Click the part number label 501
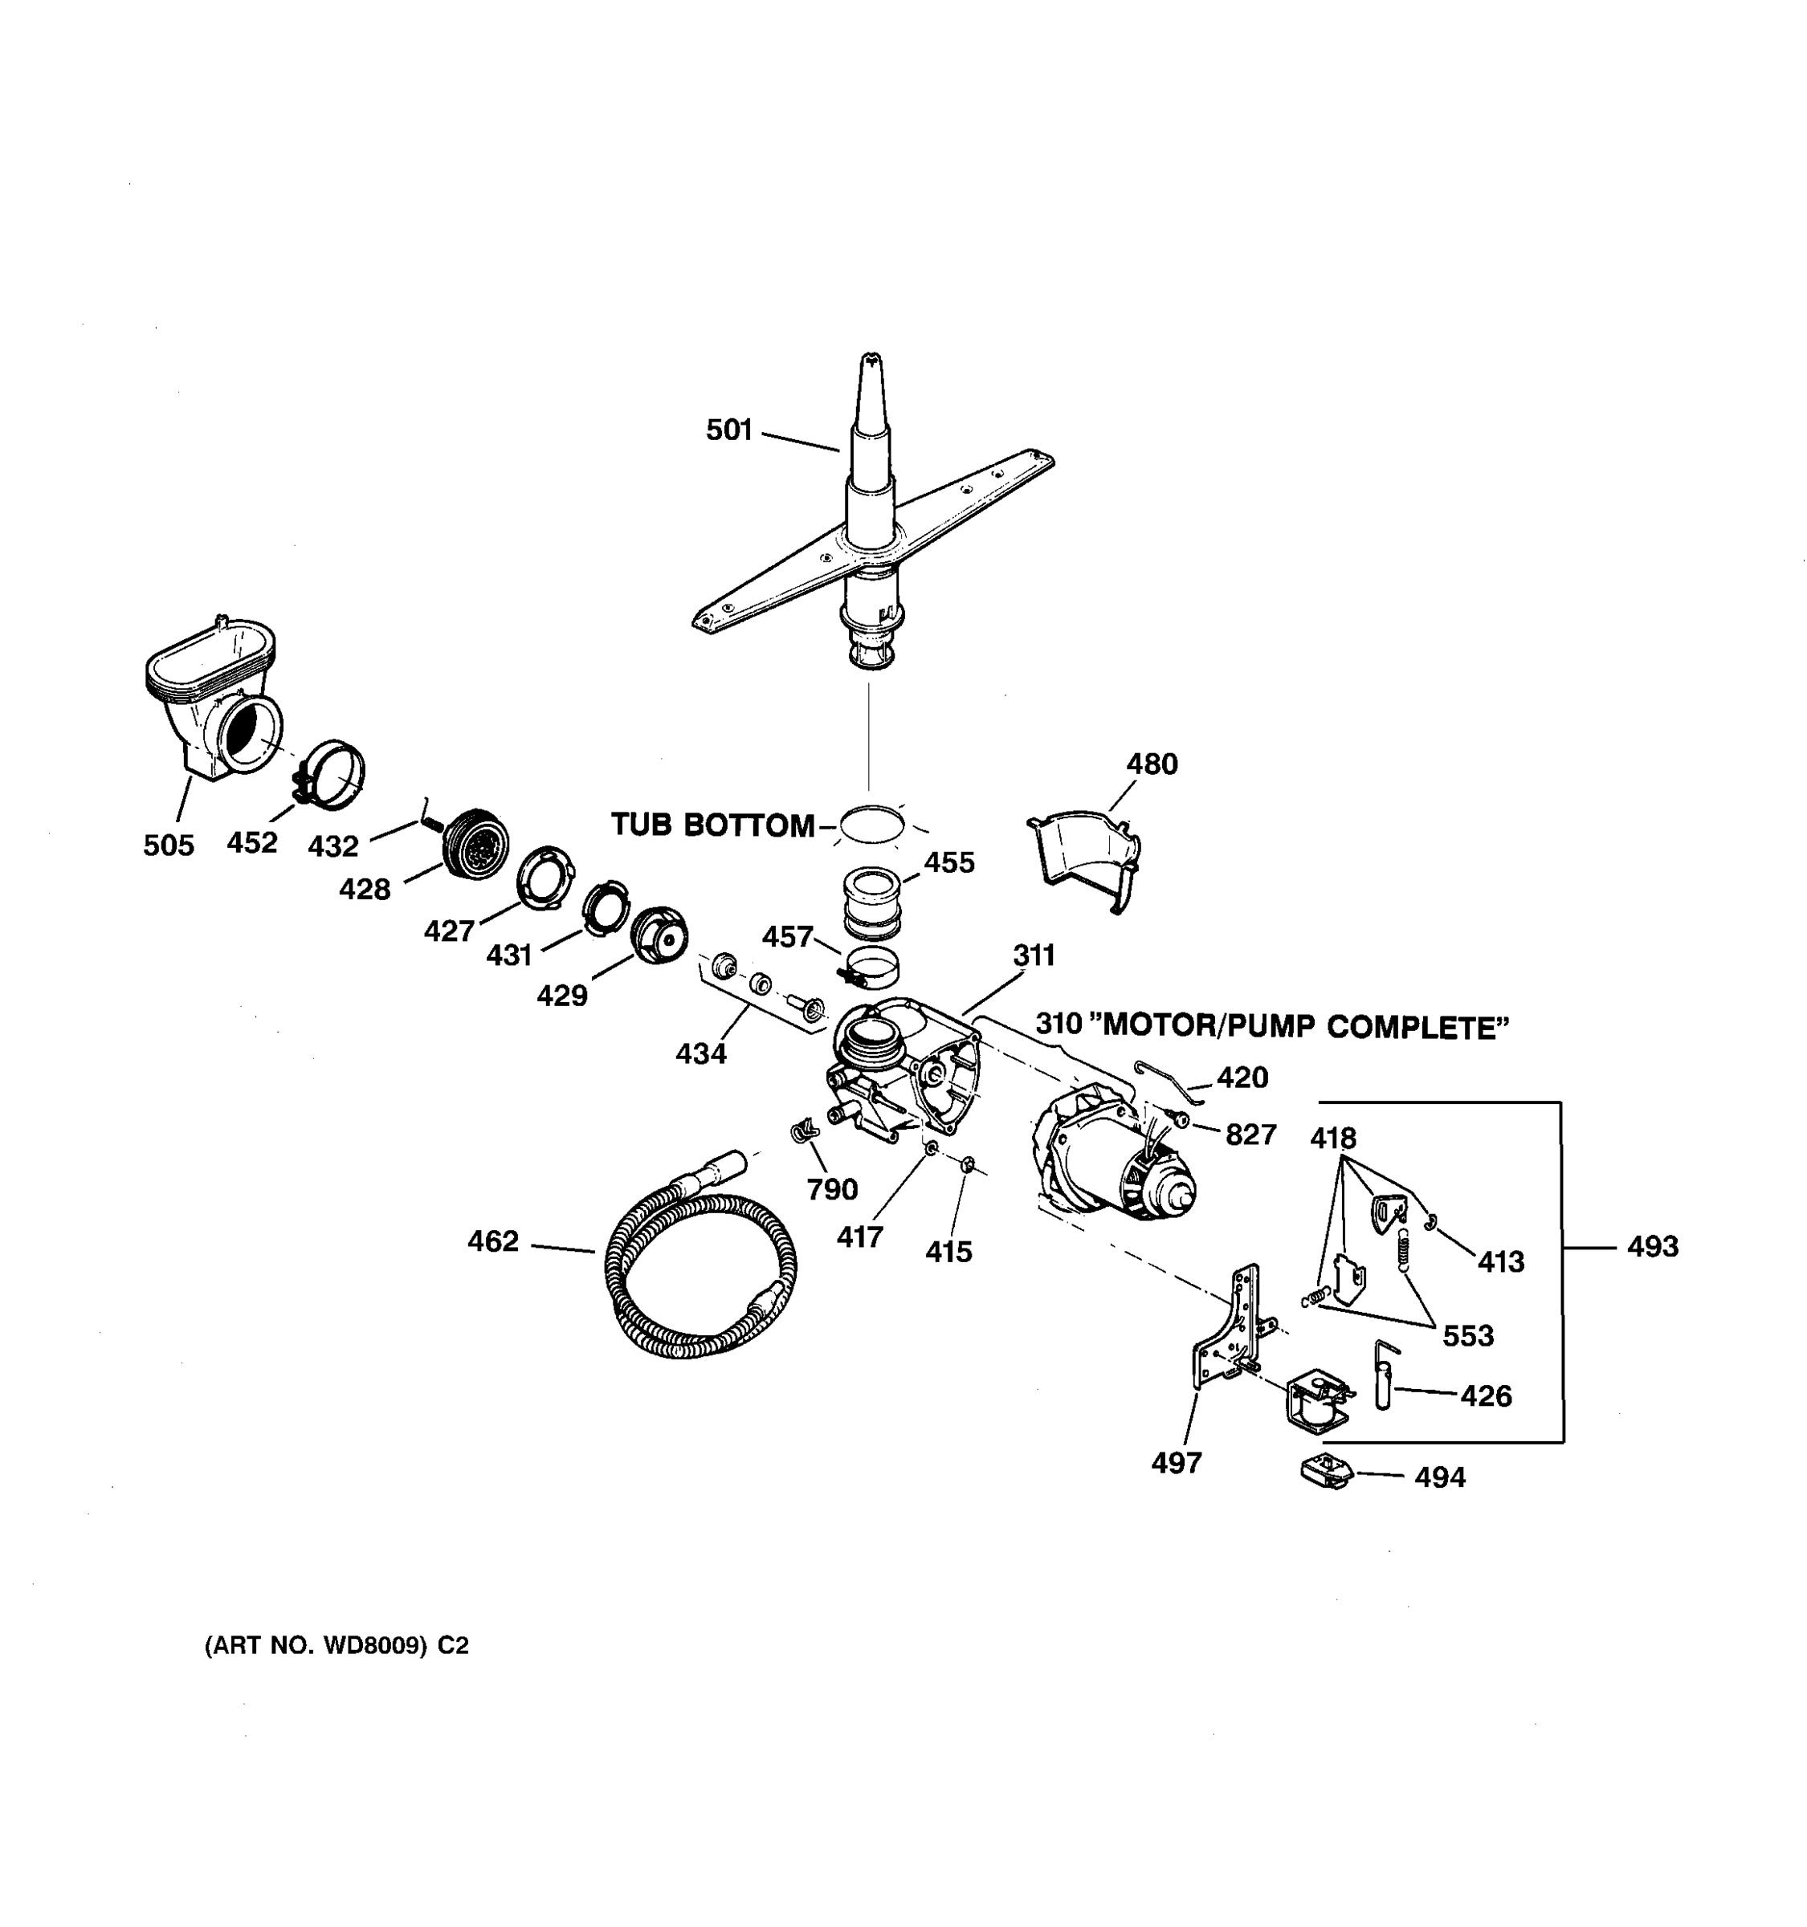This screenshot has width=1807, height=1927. tap(729, 430)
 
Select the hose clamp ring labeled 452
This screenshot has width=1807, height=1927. tap(332, 776)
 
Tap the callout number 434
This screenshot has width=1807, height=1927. tap(700, 1053)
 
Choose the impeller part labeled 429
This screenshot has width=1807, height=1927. tap(659, 935)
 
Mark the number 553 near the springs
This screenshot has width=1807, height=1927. tap(1468, 1336)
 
